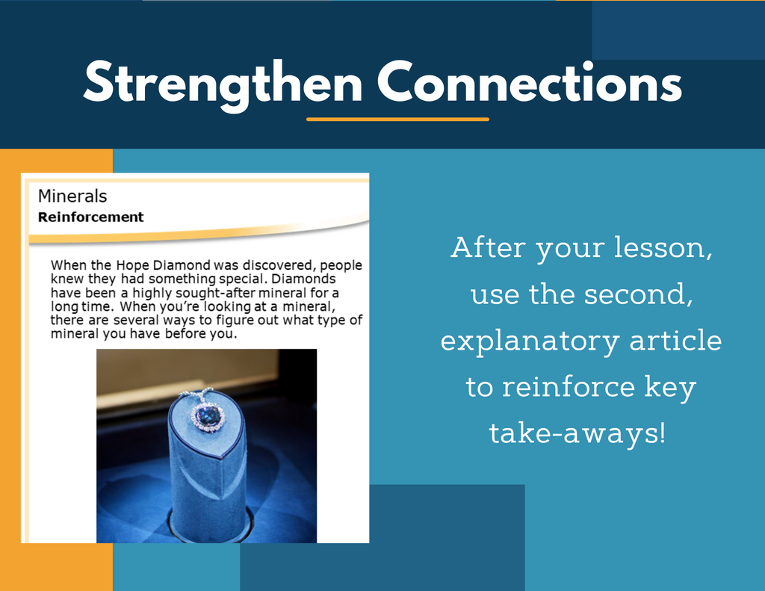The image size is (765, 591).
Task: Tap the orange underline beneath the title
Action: coord(397,119)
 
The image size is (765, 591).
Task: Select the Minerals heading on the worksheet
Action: coord(72,197)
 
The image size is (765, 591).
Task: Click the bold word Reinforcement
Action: coord(90,217)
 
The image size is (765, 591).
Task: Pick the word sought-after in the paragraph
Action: coord(215,293)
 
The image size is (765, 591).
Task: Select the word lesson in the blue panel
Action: coord(662,247)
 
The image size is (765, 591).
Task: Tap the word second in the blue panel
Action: coord(638,294)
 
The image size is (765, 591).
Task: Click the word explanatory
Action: coord(530,341)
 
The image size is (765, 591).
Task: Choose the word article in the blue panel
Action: coord(675,340)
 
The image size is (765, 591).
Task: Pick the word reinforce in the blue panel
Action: coord(569,386)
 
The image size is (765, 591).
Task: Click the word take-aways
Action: coord(577,433)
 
